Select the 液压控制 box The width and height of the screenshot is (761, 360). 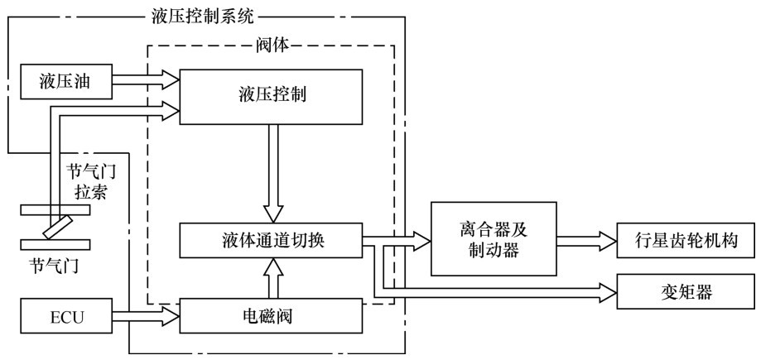coord(271,94)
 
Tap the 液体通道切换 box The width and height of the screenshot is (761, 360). coord(271,240)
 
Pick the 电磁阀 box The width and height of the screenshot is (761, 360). coord(271,315)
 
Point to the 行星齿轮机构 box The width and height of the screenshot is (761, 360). coord(686,242)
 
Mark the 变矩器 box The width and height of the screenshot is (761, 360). coord(686,291)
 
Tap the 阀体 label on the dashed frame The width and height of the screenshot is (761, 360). coord(271,46)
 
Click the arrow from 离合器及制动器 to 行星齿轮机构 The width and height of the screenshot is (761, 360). coord(587,242)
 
